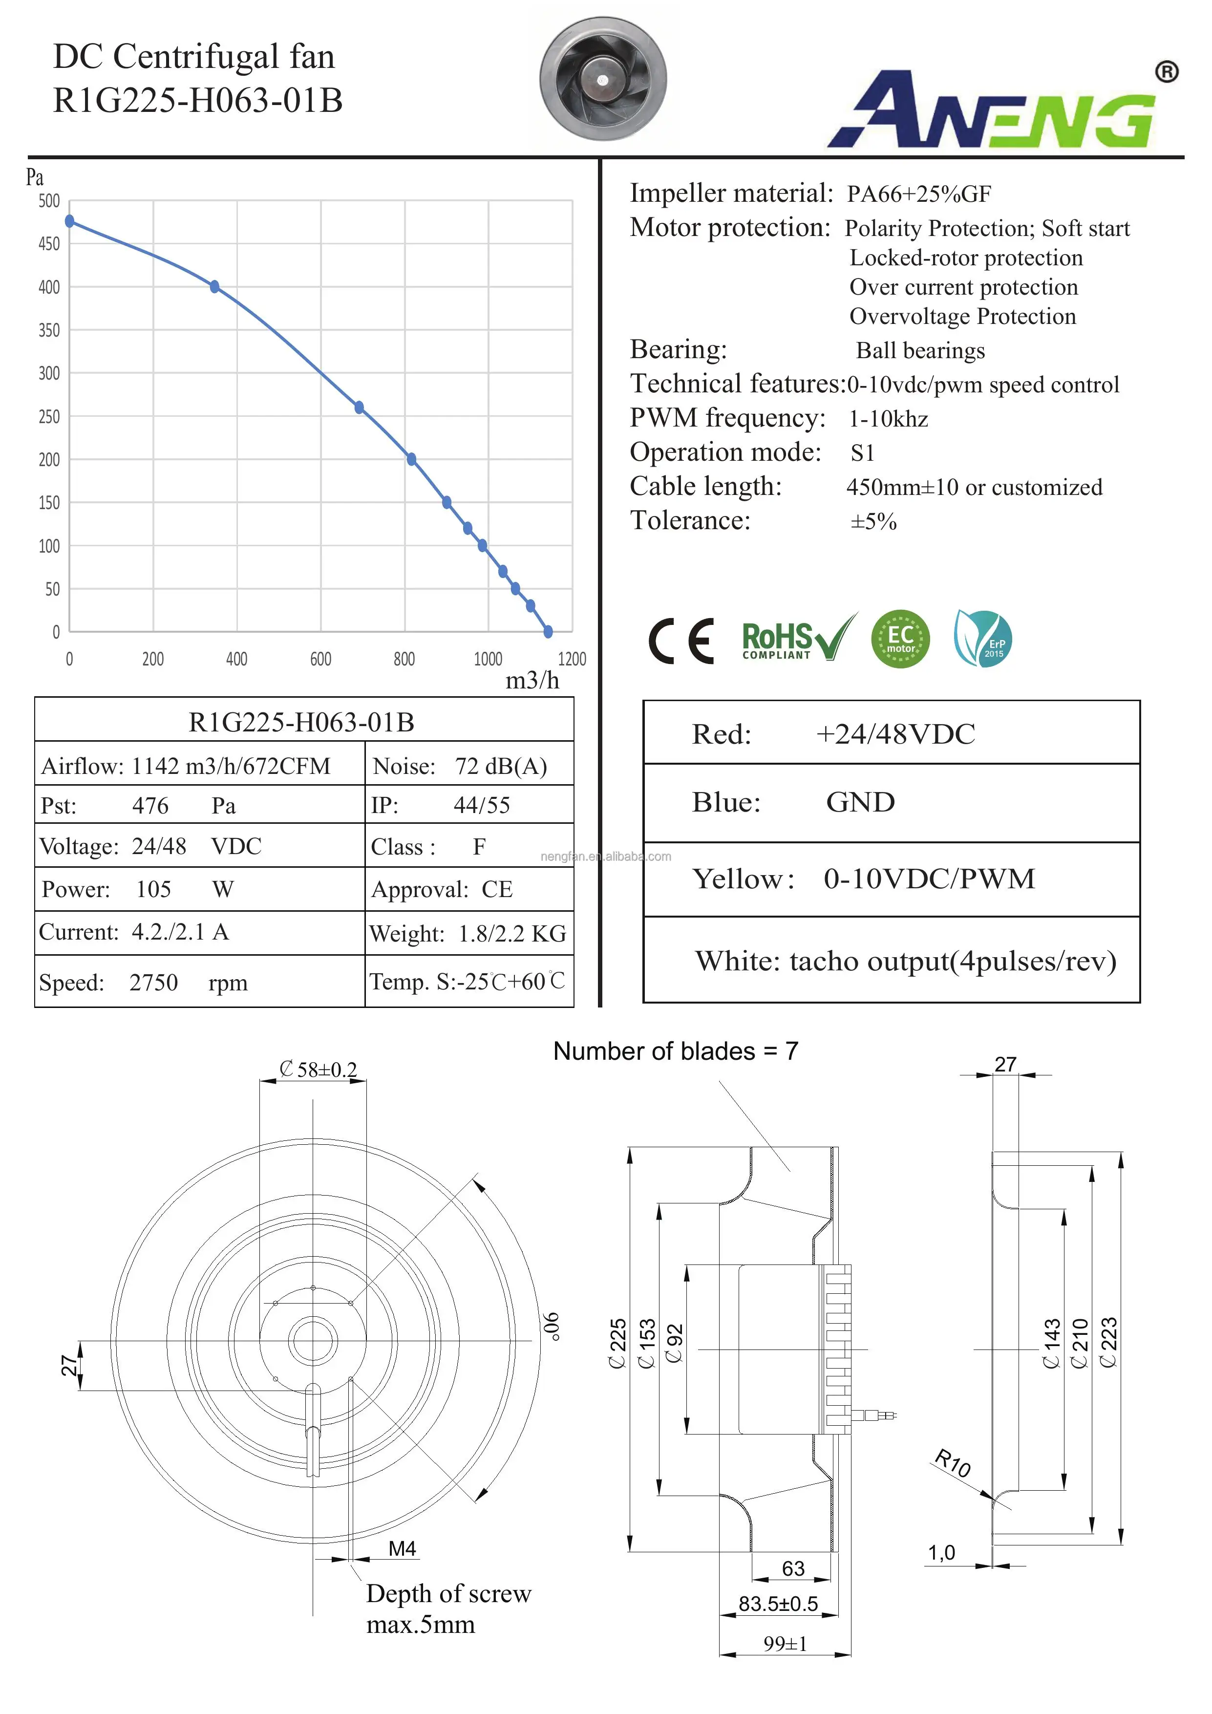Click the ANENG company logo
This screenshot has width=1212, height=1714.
coord(1000,109)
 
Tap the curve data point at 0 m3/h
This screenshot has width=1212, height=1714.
coord(69,221)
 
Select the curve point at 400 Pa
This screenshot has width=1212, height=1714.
coord(214,287)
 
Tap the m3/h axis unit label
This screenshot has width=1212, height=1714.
coord(532,680)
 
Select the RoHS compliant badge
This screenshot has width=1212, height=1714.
coord(797,640)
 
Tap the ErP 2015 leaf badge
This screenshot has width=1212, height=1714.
coord(983,639)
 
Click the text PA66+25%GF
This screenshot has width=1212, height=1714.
coord(919,194)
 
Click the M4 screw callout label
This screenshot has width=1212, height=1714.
coord(402,1549)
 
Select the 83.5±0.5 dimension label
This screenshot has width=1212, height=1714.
coord(778,1604)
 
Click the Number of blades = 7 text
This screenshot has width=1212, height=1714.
coord(676,1051)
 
